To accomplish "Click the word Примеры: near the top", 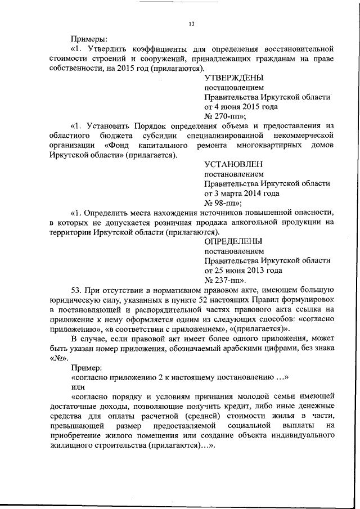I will coord(88,39).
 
